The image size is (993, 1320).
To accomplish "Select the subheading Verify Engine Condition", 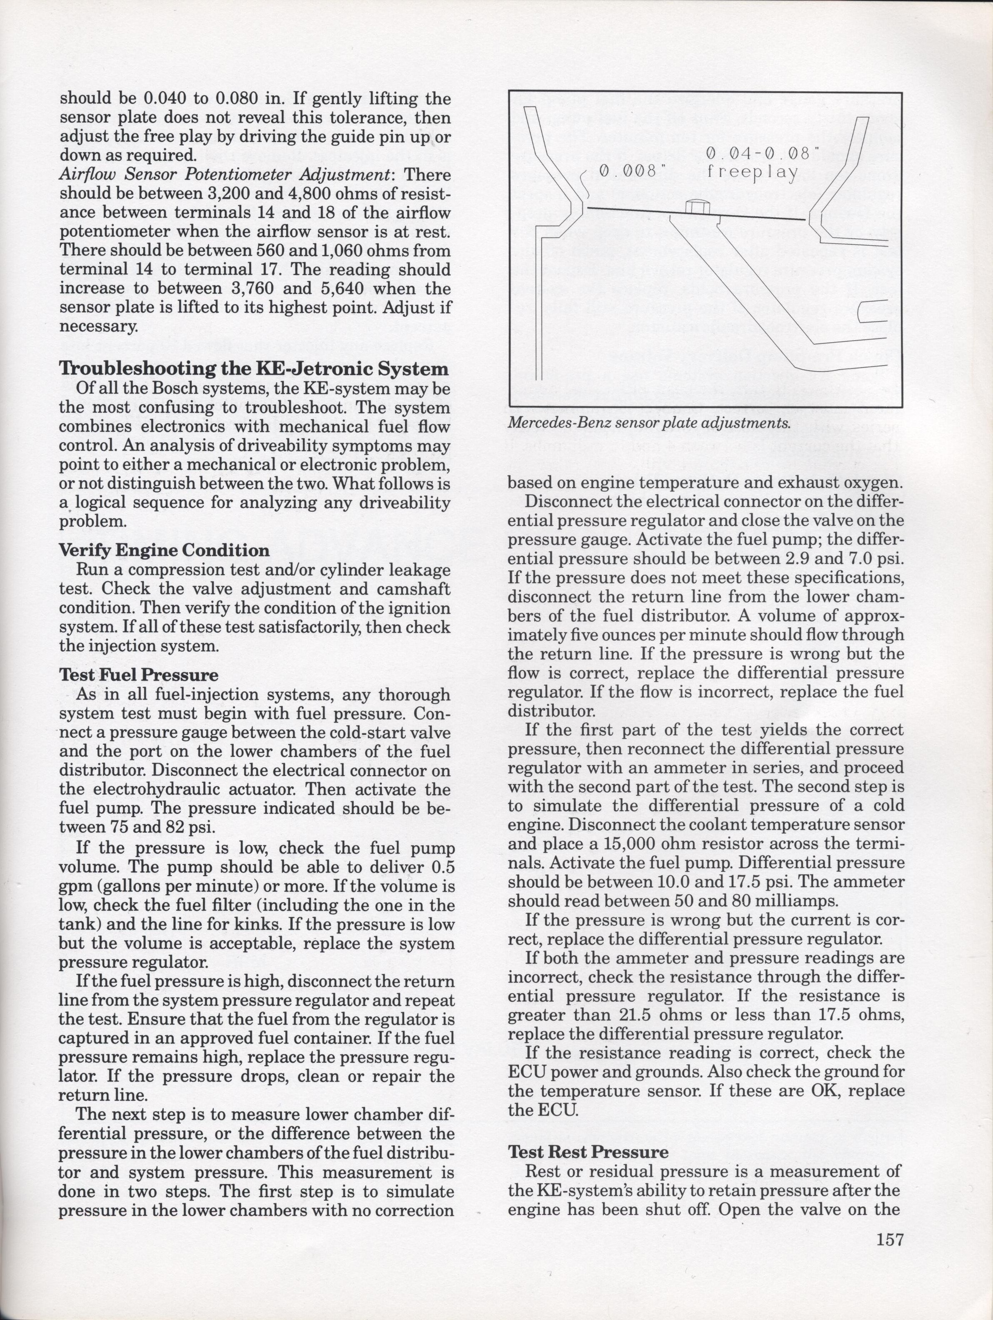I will tap(164, 550).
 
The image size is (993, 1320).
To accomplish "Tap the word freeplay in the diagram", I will tap(753, 173).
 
